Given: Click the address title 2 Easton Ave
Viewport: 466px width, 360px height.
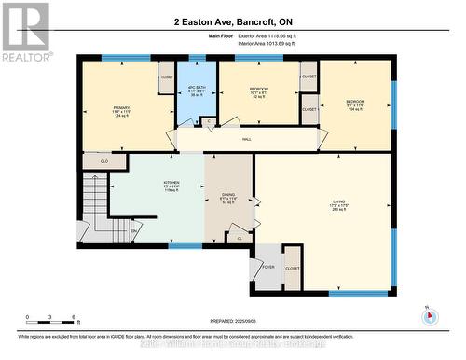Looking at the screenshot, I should tap(232, 21).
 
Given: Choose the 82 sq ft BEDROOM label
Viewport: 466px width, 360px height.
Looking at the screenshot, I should tap(258, 91).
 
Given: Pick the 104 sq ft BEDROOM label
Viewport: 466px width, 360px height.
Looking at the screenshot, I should tap(355, 104).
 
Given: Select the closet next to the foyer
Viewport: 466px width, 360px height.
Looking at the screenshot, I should tap(293, 268).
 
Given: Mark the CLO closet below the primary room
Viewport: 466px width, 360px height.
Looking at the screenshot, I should tap(103, 161).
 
